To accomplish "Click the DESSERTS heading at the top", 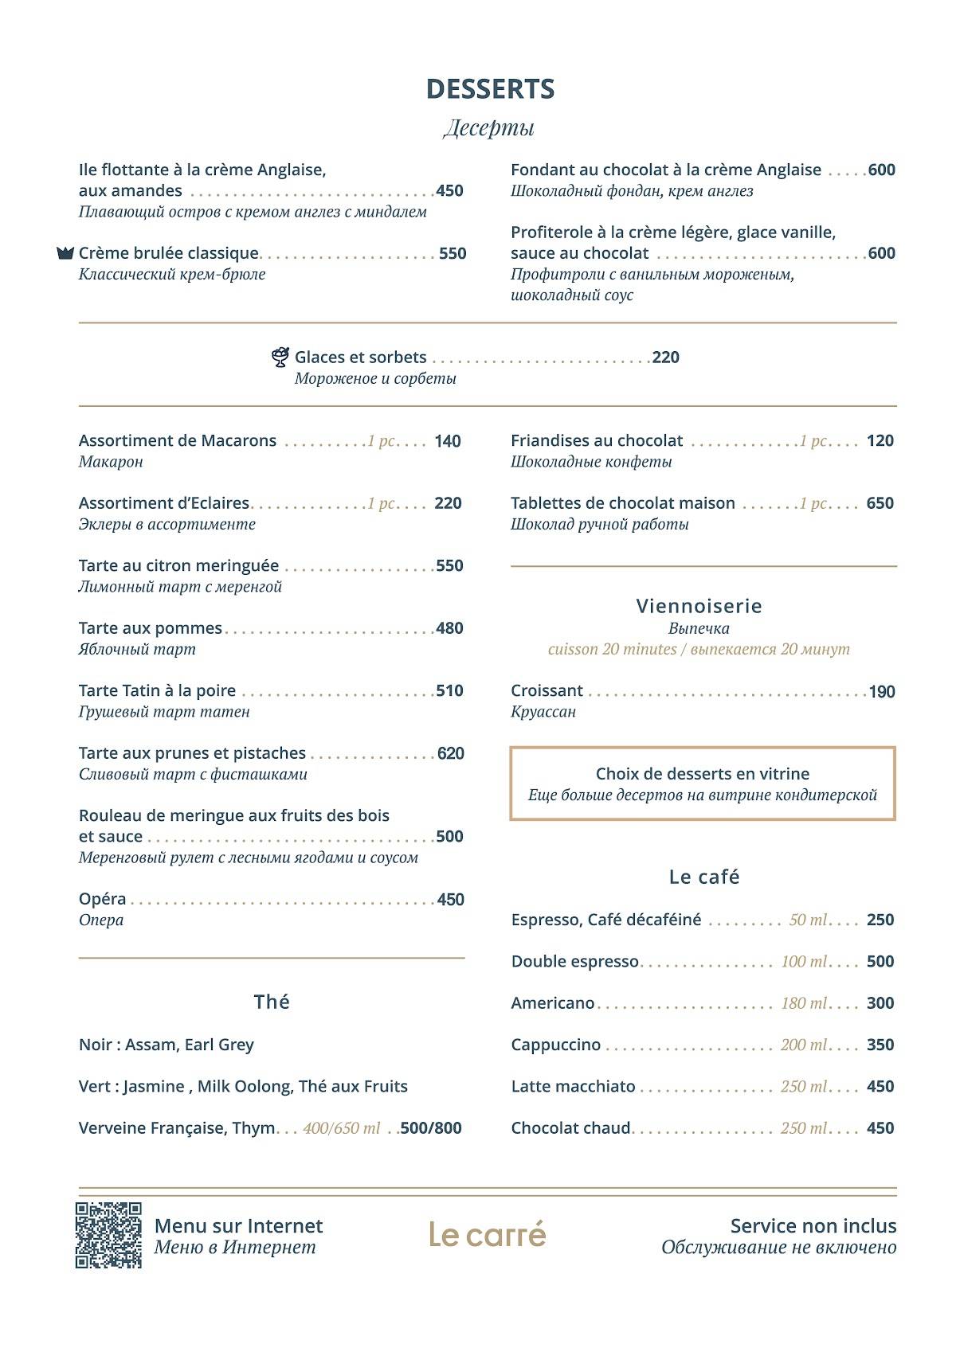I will click(490, 89).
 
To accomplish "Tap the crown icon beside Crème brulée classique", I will click(65, 253).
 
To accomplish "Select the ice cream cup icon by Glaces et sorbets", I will click(280, 358).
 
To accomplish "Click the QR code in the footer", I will click(108, 1235).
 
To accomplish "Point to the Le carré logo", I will click(488, 1235).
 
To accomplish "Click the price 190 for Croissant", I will click(882, 691).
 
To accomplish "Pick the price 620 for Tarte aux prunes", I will click(450, 753).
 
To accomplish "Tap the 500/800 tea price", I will click(431, 1128).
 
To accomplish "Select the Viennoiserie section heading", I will click(699, 606).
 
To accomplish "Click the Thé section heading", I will click(272, 1002).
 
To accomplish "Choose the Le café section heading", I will click(704, 877).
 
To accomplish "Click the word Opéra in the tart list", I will click(103, 899).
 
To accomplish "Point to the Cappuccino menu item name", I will click(556, 1045).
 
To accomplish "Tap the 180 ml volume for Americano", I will click(804, 1003).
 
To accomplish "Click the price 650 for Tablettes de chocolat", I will click(880, 503).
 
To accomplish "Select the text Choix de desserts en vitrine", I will click(702, 774).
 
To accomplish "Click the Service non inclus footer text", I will click(813, 1226).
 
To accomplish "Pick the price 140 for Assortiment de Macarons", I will click(448, 441).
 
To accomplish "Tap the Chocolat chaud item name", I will click(570, 1128).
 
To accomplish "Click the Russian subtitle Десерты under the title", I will click(488, 127).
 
